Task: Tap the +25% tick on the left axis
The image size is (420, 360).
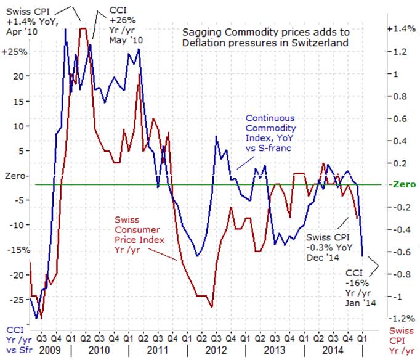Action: coord(14,52)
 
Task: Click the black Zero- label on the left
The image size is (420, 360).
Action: coord(15,175)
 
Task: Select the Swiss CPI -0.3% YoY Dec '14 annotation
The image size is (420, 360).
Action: coord(327,246)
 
